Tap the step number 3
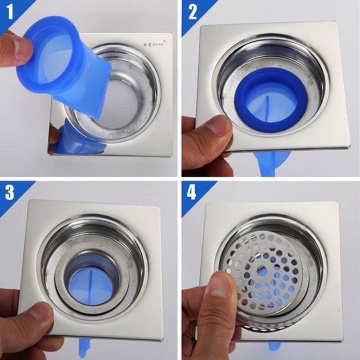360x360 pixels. [9, 193]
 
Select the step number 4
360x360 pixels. [193, 193]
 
